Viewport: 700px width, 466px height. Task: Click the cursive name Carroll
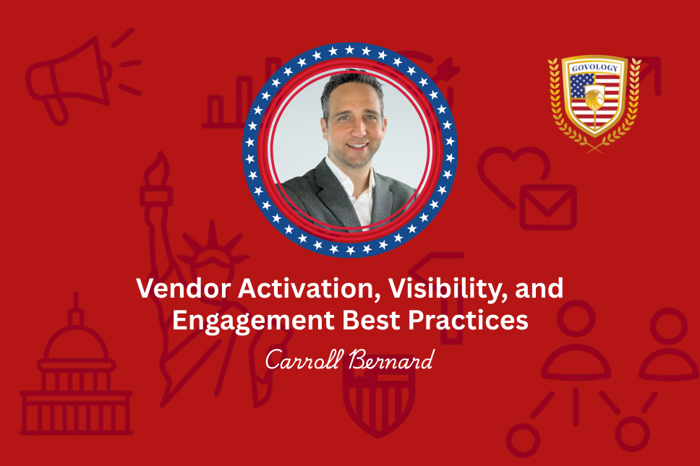point(304,359)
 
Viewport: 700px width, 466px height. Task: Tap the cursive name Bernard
point(391,359)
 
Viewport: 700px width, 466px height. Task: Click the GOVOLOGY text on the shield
point(594,68)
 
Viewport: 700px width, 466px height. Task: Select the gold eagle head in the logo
point(594,98)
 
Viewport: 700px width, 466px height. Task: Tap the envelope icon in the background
point(547,207)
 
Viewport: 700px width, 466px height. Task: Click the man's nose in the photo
point(357,129)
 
